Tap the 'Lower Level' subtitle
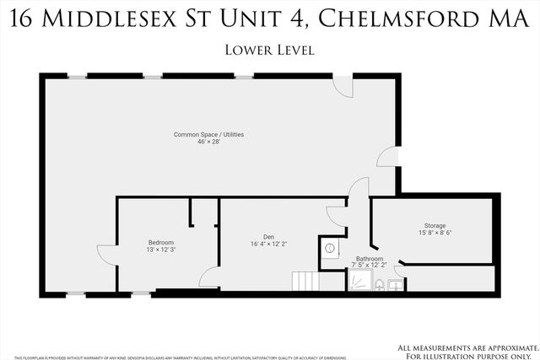pos(270,50)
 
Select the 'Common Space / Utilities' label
pos(209,135)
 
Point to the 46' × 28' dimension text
pos(209,143)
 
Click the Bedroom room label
pos(161,243)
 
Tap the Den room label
pos(268,236)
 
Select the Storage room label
pos(435,225)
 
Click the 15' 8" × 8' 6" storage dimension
pos(435,234)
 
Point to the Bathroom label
pos(370,259)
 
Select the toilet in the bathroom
pos(380,284)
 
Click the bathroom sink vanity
pos(397,284)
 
